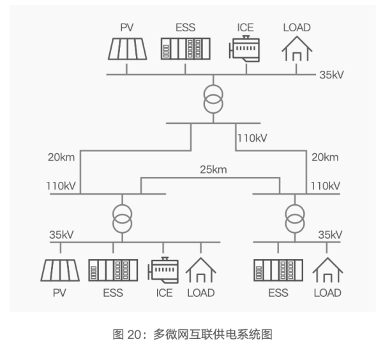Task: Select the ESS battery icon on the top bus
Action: tap(184, 49)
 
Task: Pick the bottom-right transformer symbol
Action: tap(294, 216)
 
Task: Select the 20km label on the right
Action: tap(324, 157)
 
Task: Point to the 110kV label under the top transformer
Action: tap(252, 137)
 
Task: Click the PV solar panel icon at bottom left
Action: tap(60, 271)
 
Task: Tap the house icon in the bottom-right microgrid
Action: tap(327, 271)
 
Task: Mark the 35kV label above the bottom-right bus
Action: tap(331, 234)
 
